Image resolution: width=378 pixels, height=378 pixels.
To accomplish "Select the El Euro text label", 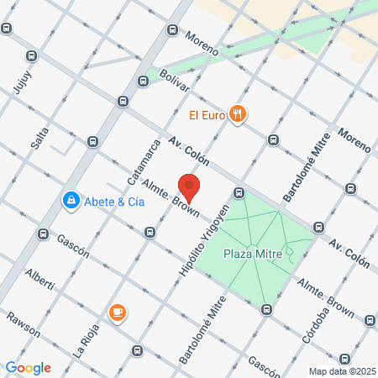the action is click(x=206, y=115).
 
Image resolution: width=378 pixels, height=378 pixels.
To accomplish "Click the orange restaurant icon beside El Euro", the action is click(x=238, y=115).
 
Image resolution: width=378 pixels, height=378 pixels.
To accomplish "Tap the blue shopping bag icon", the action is click(x=71, y=201).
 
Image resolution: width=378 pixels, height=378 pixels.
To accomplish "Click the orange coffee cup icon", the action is click(x=117, y=313).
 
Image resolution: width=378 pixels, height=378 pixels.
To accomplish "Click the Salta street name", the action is click(x=39, y=134).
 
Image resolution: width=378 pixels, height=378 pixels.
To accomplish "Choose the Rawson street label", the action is click(x=23, y=324).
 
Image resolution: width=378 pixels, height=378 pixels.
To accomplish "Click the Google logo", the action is click(x=28, y=367).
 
